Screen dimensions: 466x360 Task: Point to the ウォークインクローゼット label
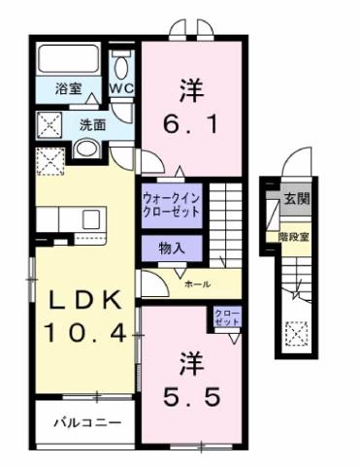pos(172,205)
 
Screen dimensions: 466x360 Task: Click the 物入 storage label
pos(172,247)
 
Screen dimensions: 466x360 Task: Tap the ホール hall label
pos(195,283)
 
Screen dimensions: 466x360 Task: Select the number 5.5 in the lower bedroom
pos(190,396)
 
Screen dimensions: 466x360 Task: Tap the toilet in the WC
pos(122,65)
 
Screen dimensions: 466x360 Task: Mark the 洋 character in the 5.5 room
pos(189,361)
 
